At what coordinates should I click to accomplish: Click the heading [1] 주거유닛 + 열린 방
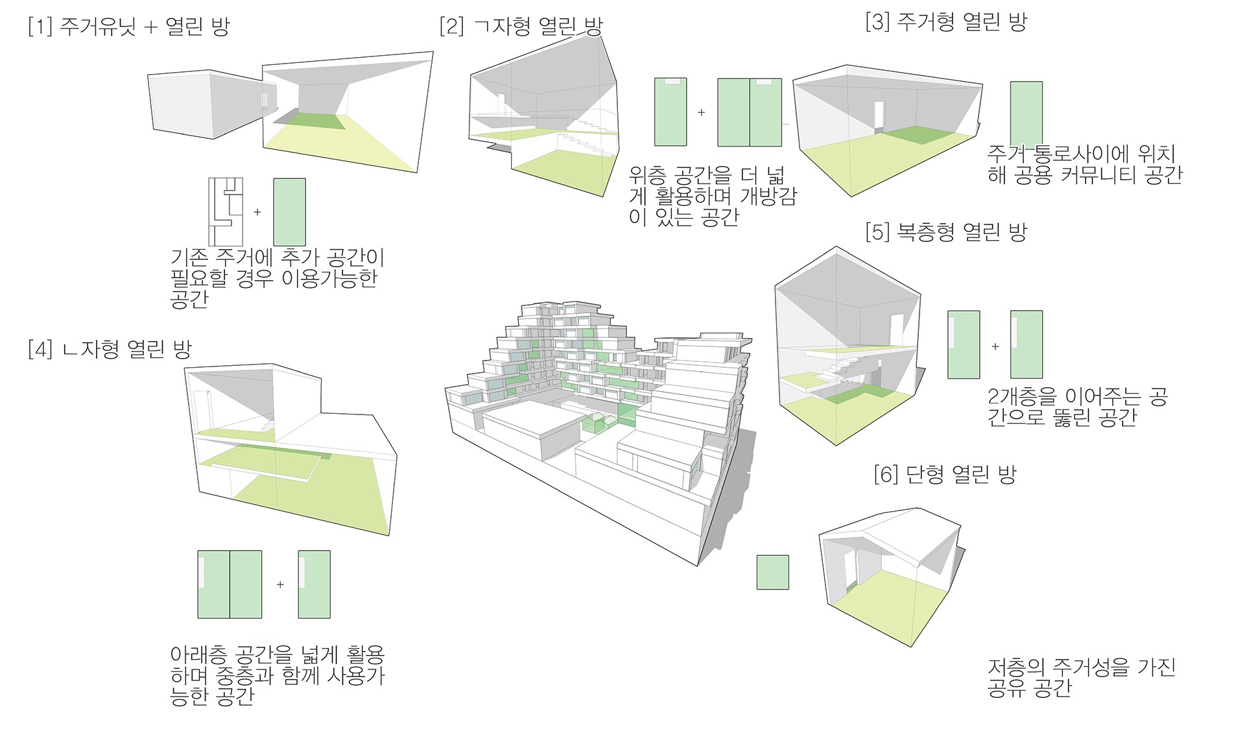[129, 27]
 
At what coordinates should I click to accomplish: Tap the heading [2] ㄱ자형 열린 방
[521, 27]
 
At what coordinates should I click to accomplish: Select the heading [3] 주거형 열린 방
[946, 22]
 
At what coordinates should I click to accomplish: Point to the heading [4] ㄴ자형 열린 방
[110, 350]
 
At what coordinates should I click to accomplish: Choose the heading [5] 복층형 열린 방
[946, 232]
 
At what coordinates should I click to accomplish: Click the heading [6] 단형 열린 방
[945, 474]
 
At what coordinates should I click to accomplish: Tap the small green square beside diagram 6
[772, 572]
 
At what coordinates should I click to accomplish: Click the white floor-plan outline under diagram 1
[225, 211]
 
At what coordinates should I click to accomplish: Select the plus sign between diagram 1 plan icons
[257, 212]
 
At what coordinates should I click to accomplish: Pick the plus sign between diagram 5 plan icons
[995, 346]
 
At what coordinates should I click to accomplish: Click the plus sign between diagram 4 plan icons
[280, 584]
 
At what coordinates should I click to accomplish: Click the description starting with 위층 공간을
[712, 196]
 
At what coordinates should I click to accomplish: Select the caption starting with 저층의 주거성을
[1081, 677]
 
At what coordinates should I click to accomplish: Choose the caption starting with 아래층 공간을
[277, 675]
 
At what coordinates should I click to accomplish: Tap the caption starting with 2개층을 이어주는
[1077, 407]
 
